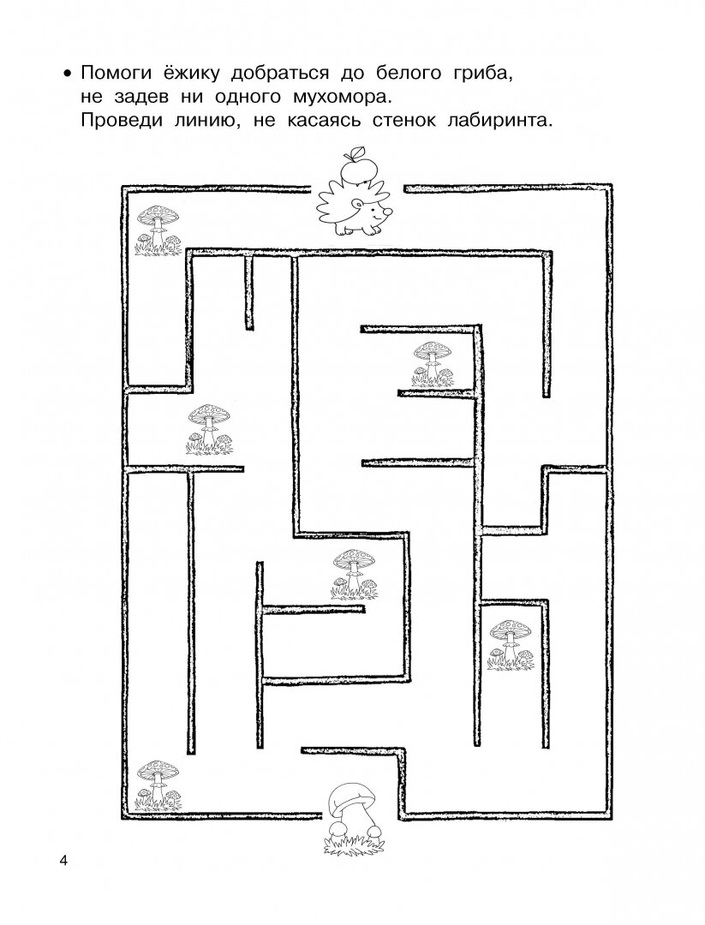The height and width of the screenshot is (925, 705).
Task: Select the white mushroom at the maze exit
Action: click(x=353, y=815)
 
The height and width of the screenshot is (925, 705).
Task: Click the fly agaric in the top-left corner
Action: click(x=158, y=230)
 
